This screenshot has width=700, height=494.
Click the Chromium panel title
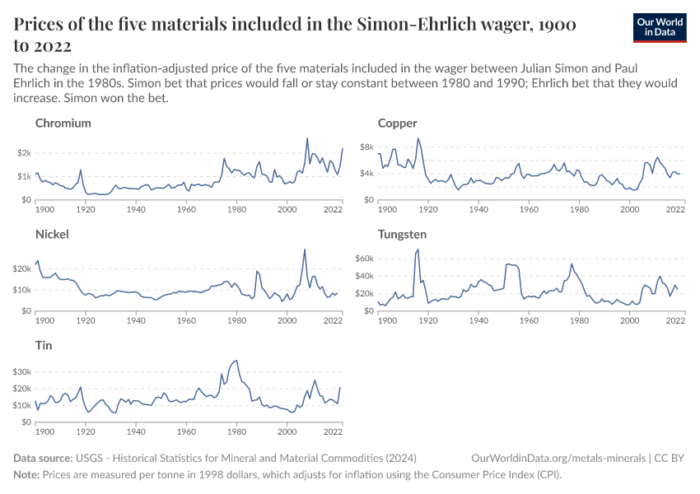pyautogui.click(x=63, y=123)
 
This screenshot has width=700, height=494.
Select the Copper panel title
pyautogui.click(x=397, y=123)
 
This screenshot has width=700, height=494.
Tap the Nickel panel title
pyautogui.click(x=52, y=235)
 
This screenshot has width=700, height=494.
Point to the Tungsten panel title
pyautogui.click(x=402, y=235)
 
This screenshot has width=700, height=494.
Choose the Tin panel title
pyautogui.click(x=44, y=346)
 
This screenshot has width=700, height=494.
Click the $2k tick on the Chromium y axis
pyautogui.click(x=24, y=153)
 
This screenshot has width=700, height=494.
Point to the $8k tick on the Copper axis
pyautogui.click(x=366, y=147)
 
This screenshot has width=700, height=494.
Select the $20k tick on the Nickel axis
pyautogui.click(x=21, y=268)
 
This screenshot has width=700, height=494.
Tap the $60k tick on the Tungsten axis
pyautogui.click(x=363, y=259)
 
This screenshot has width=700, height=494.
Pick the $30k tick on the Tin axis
pyautogui.click(x=21, y=372)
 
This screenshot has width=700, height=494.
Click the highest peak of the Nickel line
pyautogui.click(x=305, y=249)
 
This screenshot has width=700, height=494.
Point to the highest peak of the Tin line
pyautogui.click(x=236, y=360)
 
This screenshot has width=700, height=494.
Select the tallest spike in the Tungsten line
pyautogui.click(x=418, y=249)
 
